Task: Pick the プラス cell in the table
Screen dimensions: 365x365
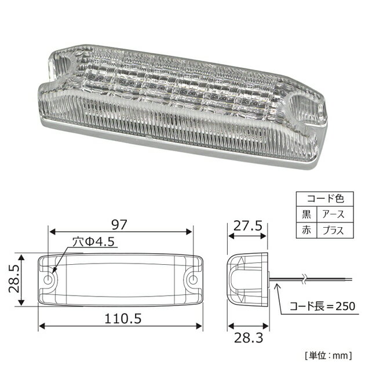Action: (333, 230)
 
